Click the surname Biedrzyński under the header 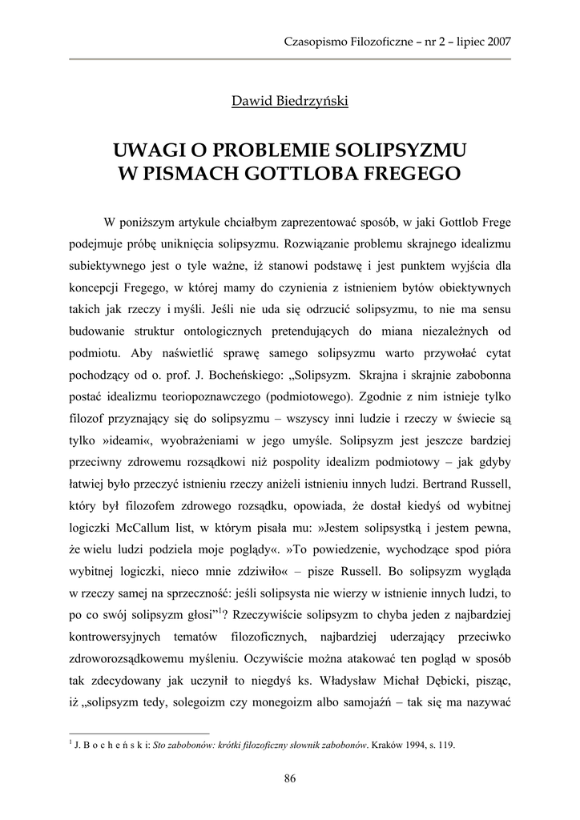[x=312, y=102]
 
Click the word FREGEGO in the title [x=413, y=172]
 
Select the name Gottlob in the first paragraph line [x=455, y=221]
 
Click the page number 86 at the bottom [x=290, y=778]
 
